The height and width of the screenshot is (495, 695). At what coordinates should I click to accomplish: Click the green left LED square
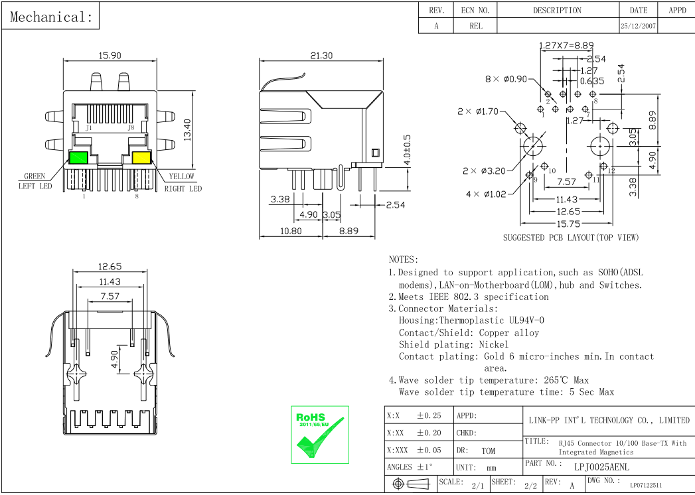coord(78,158)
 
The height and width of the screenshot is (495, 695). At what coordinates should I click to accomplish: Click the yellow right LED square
coord(141,158)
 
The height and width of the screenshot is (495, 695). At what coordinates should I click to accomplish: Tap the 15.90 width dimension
coord(110,56)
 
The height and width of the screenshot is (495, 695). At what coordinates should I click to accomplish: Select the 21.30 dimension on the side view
coord(321,56)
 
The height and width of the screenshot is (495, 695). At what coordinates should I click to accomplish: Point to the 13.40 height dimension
coord(188,129)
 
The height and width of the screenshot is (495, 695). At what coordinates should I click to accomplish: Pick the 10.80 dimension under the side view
coord(291,232)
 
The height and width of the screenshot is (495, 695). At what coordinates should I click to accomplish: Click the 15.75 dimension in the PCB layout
coord(568,224)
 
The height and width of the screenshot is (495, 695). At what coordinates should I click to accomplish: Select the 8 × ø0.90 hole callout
coord(506,79)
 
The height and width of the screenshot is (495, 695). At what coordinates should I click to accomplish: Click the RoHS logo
coord(319,434)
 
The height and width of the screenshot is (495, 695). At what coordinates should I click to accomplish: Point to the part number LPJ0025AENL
coord(601,467)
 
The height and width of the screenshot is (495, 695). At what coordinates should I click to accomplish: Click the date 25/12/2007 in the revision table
coord(638,27)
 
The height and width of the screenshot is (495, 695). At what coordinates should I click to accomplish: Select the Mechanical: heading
coord(51,17)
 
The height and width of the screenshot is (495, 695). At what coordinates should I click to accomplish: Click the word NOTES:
coord(404,259)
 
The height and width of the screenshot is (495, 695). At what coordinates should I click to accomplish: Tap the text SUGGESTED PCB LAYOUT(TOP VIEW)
coord(570,238)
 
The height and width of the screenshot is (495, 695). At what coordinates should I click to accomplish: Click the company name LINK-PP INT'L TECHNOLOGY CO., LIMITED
coord(609,420)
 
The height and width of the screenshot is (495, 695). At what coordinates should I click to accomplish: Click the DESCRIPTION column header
coord(557,11)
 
